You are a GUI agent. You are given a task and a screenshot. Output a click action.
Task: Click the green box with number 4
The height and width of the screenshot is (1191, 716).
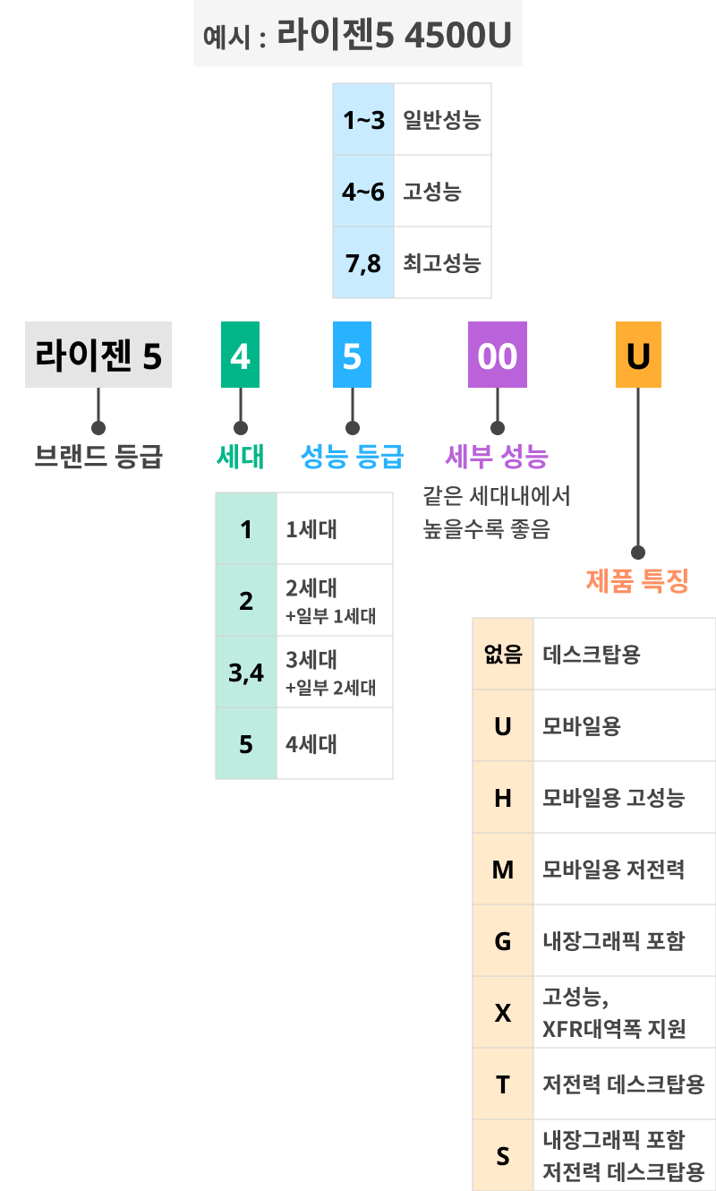(x=240, y=356)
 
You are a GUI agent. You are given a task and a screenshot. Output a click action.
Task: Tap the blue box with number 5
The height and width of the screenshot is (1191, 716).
(x=352, y=356)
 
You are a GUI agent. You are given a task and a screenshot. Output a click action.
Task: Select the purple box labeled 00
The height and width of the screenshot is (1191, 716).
(x=498, y=356)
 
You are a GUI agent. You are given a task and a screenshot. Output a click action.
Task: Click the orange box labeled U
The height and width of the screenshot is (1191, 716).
(x=638, y=356)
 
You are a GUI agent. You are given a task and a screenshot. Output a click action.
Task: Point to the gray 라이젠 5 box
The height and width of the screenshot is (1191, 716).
(x=98, y=356)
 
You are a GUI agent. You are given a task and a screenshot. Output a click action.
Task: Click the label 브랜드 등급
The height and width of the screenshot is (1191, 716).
(x=98, y=458)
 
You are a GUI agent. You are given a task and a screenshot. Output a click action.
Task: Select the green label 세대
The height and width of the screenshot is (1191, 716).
(x=240, y=458)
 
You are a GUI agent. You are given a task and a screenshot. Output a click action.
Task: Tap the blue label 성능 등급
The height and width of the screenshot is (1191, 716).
(x=352, y=458)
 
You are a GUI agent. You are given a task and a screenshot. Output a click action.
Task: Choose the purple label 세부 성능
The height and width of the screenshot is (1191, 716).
(x=497, y=458)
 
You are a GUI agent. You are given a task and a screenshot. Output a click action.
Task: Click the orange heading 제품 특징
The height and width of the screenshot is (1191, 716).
(x=637, y=582)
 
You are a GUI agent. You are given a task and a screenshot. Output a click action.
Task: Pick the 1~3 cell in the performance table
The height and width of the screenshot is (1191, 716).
(x=362, y=120)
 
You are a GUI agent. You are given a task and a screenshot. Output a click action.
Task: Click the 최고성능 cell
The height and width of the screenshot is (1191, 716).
(x=442, y=263)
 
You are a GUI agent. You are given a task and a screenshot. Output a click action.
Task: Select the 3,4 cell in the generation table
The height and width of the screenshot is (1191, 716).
(x=246, y=673)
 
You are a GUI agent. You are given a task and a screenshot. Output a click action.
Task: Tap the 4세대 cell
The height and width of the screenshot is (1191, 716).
(x=311, y=744)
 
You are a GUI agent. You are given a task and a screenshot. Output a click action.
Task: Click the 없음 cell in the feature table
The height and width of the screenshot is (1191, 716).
(x=503, y=655)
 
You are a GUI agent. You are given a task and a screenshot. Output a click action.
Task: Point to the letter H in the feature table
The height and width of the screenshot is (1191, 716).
(x=503, y=798)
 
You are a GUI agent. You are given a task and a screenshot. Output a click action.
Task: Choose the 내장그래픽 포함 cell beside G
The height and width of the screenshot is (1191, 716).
(x=614, y=941)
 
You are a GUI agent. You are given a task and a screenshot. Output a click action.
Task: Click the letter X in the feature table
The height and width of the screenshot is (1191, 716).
(x=503, y=1013)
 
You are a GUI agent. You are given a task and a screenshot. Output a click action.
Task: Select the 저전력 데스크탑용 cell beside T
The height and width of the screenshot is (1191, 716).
(x=624, y=1084)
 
